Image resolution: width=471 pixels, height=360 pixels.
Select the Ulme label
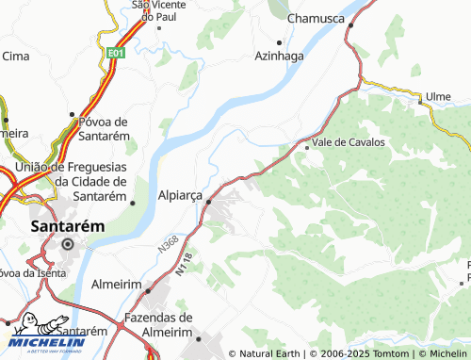click(x=439, y=96)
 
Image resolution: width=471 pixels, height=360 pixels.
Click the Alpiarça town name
click(x=180, y=194)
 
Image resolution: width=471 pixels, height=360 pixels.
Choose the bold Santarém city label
click(x=66, y=226)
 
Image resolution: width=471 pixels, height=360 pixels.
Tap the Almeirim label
click(x=117, y=283)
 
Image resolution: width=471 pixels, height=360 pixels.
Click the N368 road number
click(x=169, y=244)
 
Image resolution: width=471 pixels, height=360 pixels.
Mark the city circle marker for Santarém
click(x=67, y=245)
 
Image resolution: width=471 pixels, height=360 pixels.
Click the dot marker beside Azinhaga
click(x=280, y=42)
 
